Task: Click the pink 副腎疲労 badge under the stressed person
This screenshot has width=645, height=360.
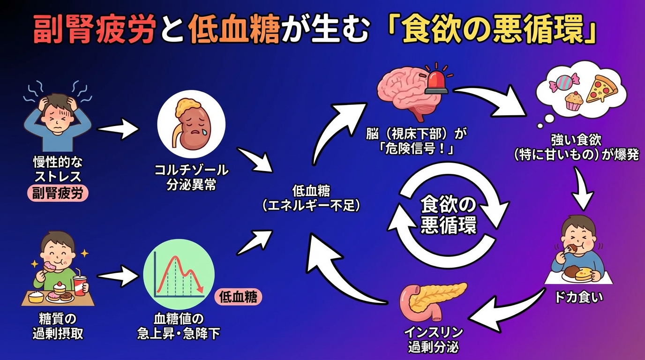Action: pyautogui.click(x=58, y=193)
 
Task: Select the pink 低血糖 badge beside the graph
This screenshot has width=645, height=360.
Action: pyautogui.click(x=238, y=297)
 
